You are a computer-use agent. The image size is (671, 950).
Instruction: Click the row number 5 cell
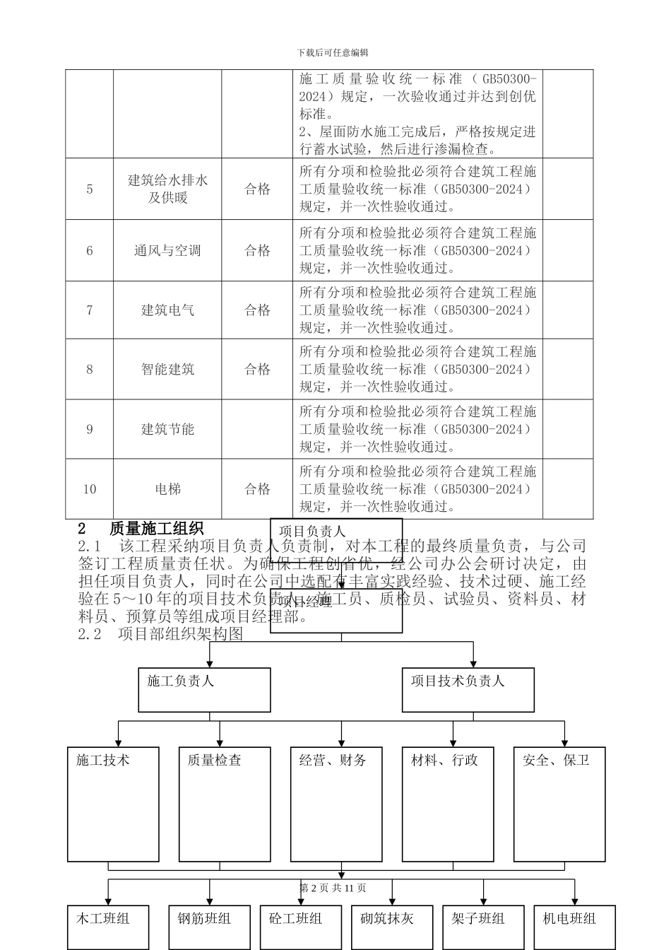(x=90, y=189)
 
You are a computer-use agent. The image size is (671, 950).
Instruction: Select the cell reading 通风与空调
(x=167, y=250)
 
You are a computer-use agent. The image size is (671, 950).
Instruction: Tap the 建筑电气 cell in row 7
(x=167, y=310)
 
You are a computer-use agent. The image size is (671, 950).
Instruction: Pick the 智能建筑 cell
(x=167, y=369)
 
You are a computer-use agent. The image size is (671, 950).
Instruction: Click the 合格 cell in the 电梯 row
(x=257, y=489)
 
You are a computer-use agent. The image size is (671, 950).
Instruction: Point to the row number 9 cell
(x=90, y=429)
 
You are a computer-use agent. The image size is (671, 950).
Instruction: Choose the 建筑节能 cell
(x=167, y=429)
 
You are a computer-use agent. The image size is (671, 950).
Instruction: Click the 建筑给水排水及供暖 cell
(x=167, y=189)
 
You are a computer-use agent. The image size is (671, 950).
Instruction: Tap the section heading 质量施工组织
(x=156, y=529)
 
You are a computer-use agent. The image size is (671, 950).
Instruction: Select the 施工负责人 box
(x=204, y=689)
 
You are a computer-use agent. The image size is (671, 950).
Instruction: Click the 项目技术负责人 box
(x=468, y=689)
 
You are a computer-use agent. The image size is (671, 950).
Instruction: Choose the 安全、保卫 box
(x=559, y=804)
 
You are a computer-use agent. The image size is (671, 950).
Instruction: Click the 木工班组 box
(x=108, y=926)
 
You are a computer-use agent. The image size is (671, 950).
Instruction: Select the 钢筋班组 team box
(x=209, y=926)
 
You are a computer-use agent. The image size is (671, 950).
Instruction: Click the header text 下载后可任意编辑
(x=333, y=52)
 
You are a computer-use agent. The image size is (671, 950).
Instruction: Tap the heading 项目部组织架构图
(x=180, y=634)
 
